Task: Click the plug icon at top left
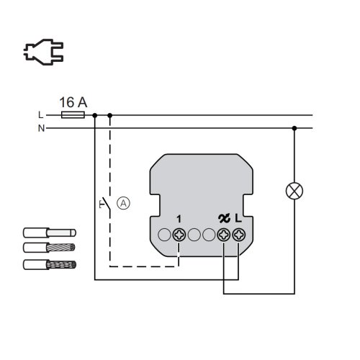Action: [x=43, y=52]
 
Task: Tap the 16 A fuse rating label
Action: [x=73, y=102]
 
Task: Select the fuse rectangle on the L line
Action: [x=73, y=115]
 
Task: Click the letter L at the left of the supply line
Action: [x=41, y=115]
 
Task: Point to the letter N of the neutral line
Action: [x=41, y=128]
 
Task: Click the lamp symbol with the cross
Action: [x=294, y=191]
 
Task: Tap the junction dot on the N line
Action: [x=294, y=128]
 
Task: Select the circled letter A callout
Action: [x=123, y=203]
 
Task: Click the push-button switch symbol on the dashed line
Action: [x=105, y=204]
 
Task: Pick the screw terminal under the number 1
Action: [x=179, y=235]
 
